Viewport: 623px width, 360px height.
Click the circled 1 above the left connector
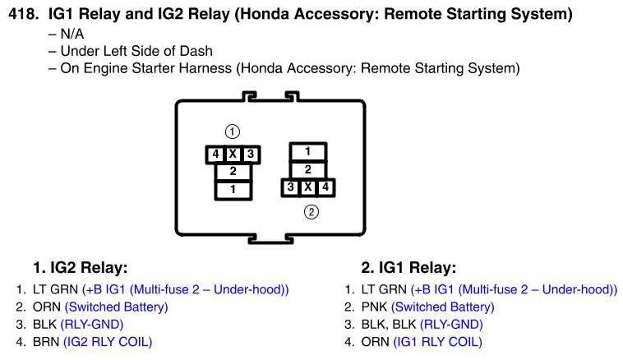233,132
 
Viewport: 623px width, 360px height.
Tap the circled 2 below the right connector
311,212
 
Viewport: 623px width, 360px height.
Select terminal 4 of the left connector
214,155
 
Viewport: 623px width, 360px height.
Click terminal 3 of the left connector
252,155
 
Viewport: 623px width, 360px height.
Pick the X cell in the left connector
233,155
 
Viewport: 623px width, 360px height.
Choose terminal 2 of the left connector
233,172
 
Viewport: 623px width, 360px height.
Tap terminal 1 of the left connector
233,190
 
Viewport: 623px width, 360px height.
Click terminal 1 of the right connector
307,151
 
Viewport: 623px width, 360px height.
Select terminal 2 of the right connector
307,169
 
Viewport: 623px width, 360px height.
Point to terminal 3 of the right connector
290,187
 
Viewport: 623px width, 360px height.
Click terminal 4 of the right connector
326,187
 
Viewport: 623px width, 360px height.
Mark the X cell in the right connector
308,187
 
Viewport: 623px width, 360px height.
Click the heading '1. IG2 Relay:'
81,268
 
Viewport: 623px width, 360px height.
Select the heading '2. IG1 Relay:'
408,268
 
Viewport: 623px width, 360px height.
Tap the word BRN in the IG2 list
45,342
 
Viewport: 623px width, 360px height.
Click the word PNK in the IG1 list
374,307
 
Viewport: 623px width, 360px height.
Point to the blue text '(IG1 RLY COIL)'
437,342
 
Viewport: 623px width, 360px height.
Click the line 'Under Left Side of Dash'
136,51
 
